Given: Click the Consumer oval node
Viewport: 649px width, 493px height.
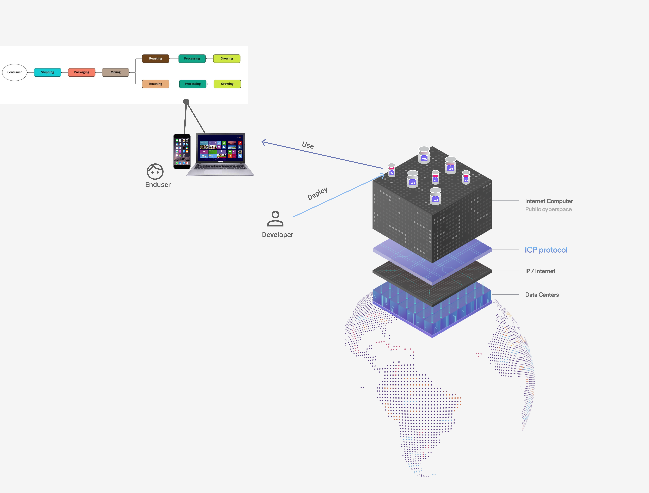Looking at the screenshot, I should (14, 72).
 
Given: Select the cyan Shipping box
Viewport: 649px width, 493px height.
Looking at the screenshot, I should (48, 72).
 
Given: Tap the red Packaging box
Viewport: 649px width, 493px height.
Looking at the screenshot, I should (82, 72).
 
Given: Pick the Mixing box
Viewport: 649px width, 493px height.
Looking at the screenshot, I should (115, 72).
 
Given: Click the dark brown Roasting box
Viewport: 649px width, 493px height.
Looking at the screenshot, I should (155, 58).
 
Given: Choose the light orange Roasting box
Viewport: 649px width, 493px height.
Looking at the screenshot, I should (155, 84).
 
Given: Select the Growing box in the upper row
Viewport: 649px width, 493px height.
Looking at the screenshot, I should (227, 58).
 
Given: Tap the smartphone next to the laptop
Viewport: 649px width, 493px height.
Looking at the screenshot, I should (182, 151).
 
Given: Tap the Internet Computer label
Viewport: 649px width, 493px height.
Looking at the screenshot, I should (549, 201).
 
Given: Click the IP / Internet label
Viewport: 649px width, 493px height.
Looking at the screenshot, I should (540, 271).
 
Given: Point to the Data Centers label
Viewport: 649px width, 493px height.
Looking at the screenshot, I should (542, 295).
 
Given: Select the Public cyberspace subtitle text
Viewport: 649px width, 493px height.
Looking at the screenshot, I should (548, 209).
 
